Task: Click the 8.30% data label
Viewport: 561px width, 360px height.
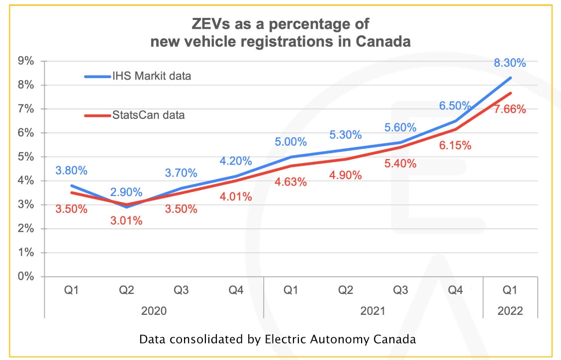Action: [510, 63]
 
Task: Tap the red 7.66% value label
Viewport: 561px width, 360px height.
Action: [510, 109]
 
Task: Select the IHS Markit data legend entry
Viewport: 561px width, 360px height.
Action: [151, 76]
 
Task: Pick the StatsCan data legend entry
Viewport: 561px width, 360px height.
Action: [148, 115]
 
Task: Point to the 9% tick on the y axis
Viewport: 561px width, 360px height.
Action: [25, 61]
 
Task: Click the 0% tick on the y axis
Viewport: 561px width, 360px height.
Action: [25, 276]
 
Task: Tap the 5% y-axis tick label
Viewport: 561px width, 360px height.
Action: [25, 157]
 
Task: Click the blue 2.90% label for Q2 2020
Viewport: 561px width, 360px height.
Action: [126, 192]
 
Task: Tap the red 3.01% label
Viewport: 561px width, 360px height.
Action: [126, 221]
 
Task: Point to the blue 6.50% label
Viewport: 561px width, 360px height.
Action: [455, 105]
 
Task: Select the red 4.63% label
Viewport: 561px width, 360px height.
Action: [290, 182]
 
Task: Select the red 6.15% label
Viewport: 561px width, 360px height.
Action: [455, 146]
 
